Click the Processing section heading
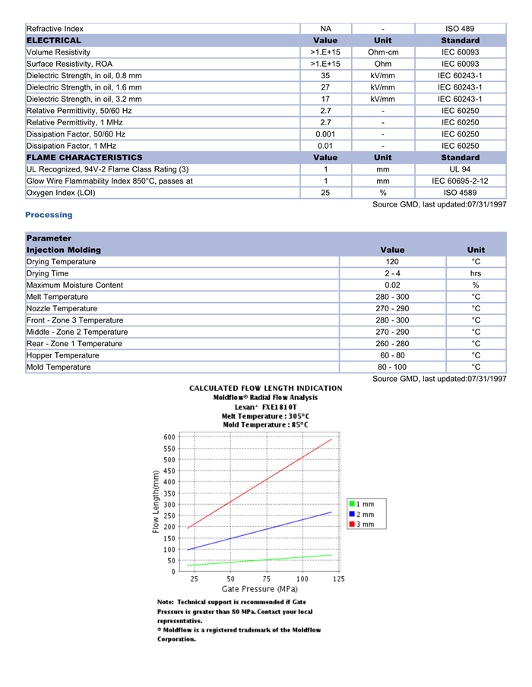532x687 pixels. click(49, 215)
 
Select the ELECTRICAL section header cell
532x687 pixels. click(54, 40)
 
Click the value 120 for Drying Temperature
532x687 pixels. click(392, 262)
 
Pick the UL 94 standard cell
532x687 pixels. click(460, 169)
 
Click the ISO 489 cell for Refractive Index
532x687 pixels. click(460, 29)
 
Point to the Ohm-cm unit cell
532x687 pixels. click(383, 52)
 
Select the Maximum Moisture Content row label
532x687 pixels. click(74, 285)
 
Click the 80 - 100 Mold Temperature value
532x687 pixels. click(392, 367)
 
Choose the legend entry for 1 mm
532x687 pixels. click(361, 504)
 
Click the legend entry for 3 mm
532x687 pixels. click(361, 525)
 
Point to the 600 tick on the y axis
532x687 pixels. click(169, 437)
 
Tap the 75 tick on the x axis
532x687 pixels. click(266, 579)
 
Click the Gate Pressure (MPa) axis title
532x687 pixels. click(259, 589)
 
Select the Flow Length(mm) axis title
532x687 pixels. click(157, 502)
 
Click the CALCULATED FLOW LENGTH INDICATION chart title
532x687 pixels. click(265, 389)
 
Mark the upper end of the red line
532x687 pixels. click(332, 440)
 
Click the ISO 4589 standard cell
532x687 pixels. click(460, 193)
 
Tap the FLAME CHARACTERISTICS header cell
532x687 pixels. click(84, 158)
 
